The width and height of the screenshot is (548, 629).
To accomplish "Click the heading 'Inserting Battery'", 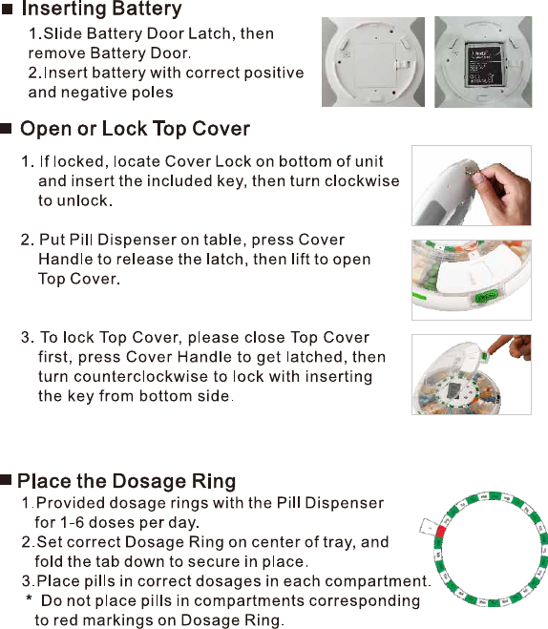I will coord(101,10).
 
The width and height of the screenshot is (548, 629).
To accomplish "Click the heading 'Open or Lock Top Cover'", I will coord(135,129).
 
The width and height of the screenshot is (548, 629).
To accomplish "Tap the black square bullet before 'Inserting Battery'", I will coord(8,10).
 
